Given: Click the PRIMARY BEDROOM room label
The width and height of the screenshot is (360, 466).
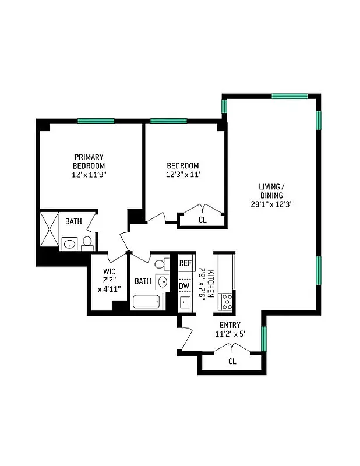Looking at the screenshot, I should point(89,157).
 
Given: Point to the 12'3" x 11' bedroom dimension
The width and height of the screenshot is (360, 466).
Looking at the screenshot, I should point(182,174).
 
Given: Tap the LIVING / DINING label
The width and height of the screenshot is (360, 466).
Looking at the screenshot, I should point(273,191).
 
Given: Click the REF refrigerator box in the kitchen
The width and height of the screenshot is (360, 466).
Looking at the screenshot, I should point(185,263).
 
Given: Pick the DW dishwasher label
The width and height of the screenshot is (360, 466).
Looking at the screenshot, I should point(184,286).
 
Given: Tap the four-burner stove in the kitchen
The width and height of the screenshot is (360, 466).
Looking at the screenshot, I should point(225,302).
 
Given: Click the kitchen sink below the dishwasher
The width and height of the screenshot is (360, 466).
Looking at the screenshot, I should point(185,302).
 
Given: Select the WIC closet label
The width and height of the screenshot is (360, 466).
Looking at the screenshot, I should point(108,271).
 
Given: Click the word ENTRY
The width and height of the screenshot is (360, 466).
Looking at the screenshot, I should point(230,325).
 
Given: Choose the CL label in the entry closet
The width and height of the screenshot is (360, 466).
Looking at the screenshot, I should point(232,362).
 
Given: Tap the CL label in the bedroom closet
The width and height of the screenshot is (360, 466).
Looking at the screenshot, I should point(202,220).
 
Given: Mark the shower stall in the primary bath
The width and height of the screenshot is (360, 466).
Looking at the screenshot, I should point(50,230).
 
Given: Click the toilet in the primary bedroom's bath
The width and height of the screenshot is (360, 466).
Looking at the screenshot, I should point(87,242).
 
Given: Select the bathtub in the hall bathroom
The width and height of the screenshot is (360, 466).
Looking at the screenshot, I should point(147,302).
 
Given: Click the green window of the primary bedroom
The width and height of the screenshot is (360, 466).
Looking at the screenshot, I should point(96,121).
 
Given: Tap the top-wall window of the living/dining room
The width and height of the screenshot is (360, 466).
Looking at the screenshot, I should point(290,96).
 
